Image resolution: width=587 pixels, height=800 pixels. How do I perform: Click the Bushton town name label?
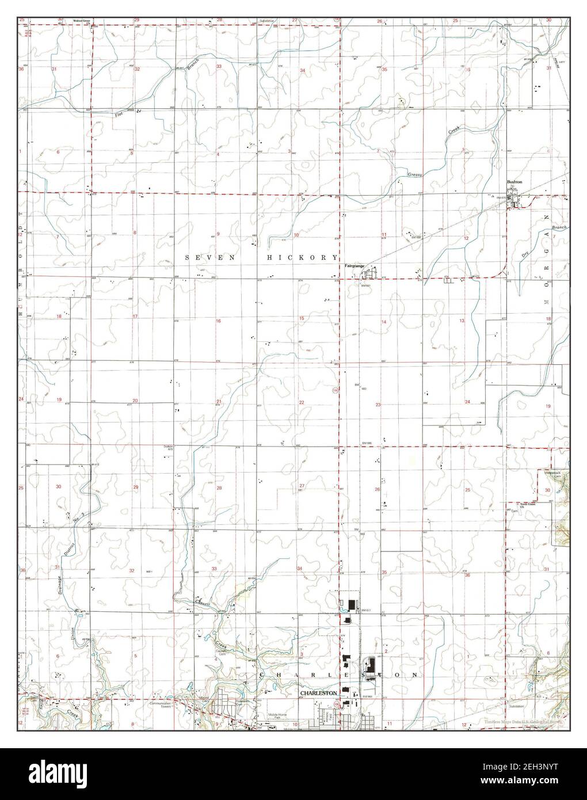pos(514,182)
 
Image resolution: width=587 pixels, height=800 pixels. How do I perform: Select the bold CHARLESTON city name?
pos(318,694)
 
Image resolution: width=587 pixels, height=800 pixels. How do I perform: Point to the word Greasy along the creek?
pos(416,173)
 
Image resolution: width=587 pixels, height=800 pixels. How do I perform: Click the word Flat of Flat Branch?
pos(119,113)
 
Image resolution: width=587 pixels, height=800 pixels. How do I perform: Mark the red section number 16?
pos(218,321)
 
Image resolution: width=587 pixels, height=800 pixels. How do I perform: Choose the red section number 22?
pos(301,402)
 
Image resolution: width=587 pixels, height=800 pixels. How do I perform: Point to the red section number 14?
pos(383,322)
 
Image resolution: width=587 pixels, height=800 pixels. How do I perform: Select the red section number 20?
pos(135,401)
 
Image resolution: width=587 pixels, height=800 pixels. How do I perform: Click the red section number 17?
pos(135,317)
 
